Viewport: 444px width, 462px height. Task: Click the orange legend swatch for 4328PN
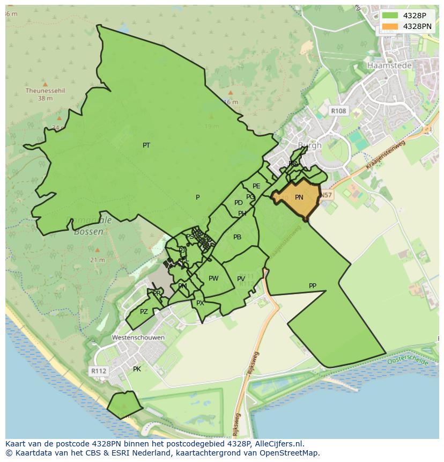(x=390, y=26)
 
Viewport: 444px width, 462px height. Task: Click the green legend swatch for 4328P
(x=390, y=16)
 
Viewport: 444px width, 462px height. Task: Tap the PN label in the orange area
(x=299, y=197)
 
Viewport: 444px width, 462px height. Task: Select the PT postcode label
(x=146, y=145)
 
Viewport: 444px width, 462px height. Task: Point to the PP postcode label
(x=313, y=286)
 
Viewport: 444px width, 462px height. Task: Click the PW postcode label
(x=213, y=278)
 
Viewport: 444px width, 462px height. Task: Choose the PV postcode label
(x=241, y=279)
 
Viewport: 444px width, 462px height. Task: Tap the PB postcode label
(x=237, y=237)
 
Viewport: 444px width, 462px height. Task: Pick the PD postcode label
(x=238, y=203)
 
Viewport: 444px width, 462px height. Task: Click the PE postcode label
(x=256, y=186)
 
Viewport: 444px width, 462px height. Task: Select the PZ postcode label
(x=144, y=312)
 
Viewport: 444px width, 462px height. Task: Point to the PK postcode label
(x=137, y=369)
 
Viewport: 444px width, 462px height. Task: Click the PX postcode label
(x=200, y=303)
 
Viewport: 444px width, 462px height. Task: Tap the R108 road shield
(x=338, y=111)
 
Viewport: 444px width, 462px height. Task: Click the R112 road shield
(x=98, y=371)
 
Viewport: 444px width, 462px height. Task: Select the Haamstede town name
(x=389, y=65)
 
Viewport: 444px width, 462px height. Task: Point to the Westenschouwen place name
(x=138, y=338)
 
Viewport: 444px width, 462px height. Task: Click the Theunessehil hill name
(x=45, y=91)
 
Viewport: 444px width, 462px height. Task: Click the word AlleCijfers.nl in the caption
(x=278, y=444)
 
